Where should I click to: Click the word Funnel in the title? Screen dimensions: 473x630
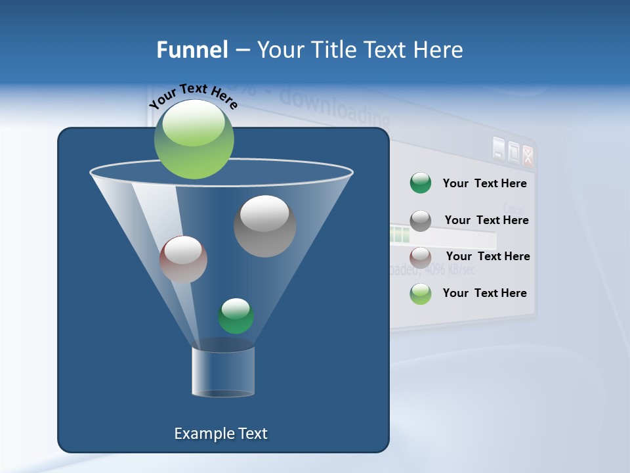pos(192,50)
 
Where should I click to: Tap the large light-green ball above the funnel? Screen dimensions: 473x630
pos(194,139)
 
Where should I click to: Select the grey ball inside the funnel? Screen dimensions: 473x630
pos(264,226)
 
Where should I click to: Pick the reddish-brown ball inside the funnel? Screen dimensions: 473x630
pos(183,259)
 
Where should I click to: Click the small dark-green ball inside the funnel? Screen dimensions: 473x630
pos(236,316)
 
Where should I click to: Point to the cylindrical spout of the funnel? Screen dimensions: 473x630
pos(223,372)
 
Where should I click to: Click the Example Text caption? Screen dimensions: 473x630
pos(221,434)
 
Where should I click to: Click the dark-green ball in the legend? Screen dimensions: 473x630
pos(420,183)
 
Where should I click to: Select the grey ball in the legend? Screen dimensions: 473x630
pos(420,220)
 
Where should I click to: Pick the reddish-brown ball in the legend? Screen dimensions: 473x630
pos(420,257)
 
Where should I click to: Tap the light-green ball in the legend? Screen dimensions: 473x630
pos(420,294)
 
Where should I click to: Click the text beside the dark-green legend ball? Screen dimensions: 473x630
pos(484,183)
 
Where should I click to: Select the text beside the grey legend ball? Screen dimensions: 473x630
pos(486,220)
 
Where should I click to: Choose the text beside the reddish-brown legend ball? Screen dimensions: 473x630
pos(488,256)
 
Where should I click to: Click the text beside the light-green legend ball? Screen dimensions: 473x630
pos(484,293)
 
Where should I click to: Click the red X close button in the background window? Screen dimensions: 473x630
pos(527,156)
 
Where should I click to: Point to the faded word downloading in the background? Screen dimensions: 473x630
pos(335,108)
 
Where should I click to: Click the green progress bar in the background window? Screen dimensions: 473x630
pos(400,234)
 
